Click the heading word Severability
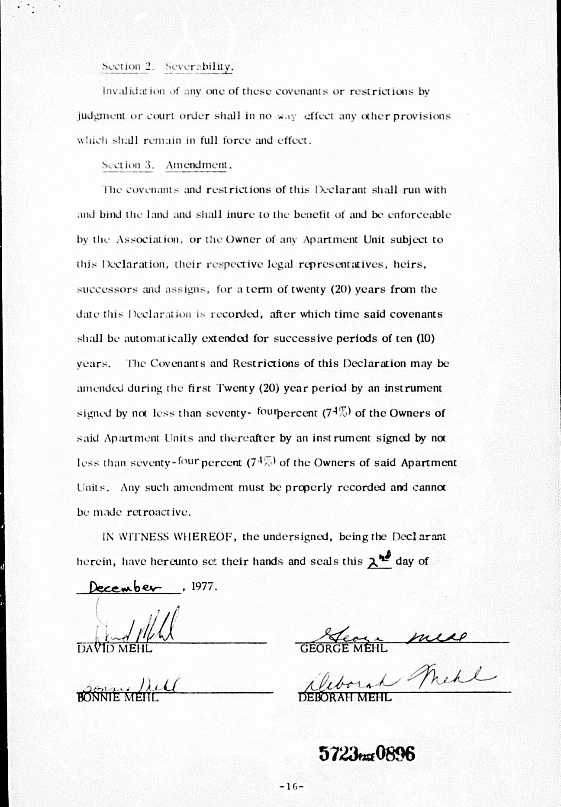pos(199,67)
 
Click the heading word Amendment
pos(197,165)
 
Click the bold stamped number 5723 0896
pos(367,754)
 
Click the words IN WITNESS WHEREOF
pos(169,537)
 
